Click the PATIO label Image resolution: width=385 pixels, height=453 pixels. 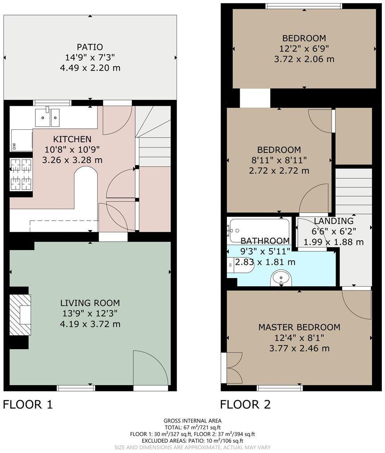(90, 47)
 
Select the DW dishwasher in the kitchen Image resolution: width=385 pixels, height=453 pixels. (21, 140)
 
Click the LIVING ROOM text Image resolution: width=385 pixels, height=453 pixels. (90, 303)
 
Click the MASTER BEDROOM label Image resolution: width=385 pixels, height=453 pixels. (299, 327)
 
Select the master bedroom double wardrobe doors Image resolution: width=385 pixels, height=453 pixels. (233, 368)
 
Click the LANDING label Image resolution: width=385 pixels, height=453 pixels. (333, 221)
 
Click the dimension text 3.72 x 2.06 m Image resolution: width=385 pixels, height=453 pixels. (304, 59)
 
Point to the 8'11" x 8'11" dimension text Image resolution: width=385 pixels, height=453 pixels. (279, 160)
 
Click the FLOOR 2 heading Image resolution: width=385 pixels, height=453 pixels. (245, 404)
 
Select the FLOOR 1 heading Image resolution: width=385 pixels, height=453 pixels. (28, 404)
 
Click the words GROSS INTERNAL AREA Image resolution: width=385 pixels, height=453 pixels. (192, 420)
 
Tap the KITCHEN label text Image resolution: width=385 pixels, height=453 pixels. (72, 139)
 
